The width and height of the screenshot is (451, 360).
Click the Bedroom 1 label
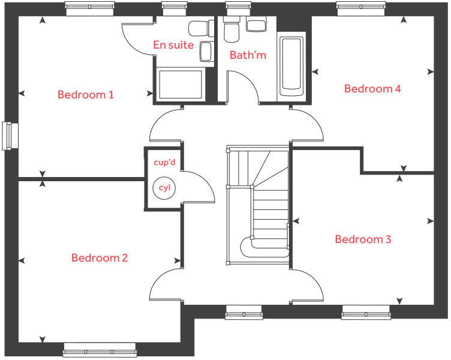pos(86,95)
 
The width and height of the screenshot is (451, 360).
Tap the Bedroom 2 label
pos(100,258)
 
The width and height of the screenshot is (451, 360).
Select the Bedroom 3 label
pos(363,239)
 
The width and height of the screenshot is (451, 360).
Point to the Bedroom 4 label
pos(372,89)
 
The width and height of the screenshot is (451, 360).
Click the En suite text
pos(173,45)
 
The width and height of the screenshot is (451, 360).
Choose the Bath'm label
pos(248,56)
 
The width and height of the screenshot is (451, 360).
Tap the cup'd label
pos(163,162)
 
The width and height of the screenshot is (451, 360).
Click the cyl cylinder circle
pos(164,188)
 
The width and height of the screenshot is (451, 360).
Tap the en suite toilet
pos(198,28)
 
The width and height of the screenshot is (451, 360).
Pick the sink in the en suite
pos(206,51)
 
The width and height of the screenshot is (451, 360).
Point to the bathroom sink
pos(257,25)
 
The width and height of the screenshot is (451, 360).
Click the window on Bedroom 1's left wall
pos(9,136)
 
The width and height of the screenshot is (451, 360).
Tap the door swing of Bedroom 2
pos(164,286)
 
